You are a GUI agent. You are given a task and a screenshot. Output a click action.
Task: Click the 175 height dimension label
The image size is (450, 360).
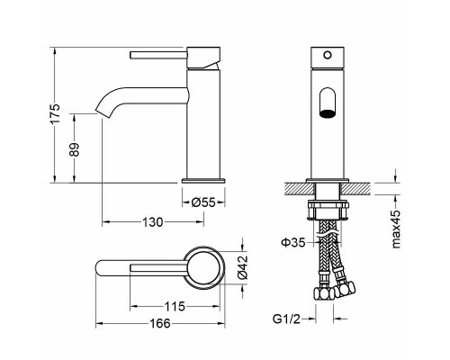(x=55, y=113)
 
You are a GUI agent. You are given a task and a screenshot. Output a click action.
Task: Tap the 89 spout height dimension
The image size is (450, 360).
(x=75, y=149)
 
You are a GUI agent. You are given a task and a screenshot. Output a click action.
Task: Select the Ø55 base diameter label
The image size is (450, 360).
(x=203, y=202)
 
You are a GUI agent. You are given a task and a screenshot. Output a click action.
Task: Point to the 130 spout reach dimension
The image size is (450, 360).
(x=152, y=222)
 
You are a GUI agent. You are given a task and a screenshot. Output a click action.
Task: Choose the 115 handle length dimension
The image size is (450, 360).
(x=175, y=307)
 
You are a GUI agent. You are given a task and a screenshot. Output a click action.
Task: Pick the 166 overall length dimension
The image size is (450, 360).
(x=160, y=323)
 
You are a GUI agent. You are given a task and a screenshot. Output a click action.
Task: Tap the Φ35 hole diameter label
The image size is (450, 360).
(x=292, y=242)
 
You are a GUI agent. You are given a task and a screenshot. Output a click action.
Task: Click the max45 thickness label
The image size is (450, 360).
(x=396, y=229)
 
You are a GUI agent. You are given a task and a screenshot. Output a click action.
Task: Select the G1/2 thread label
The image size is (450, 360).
(x=286, y=319)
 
